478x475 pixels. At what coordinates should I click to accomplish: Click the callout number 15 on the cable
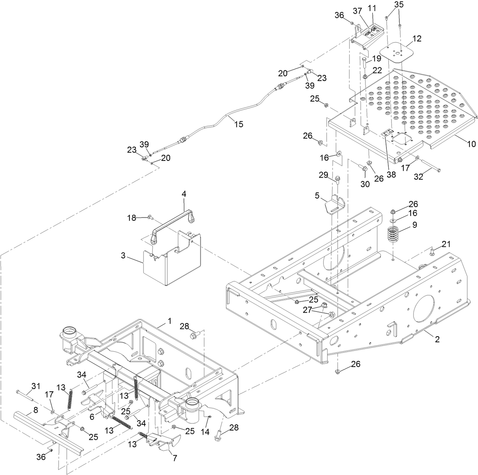click(x=238, y=124)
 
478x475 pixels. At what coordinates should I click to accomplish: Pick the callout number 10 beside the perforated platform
click(x=471, y=144)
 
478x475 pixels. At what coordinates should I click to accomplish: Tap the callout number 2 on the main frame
click(x=437, y=339)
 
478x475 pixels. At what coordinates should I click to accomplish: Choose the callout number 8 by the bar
click(x=36, y=410)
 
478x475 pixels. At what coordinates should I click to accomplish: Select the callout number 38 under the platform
click(x=391, y=175)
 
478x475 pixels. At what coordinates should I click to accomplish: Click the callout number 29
click(x=323, y=175)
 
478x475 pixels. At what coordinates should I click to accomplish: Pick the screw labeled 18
click(x=150, y=217)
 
